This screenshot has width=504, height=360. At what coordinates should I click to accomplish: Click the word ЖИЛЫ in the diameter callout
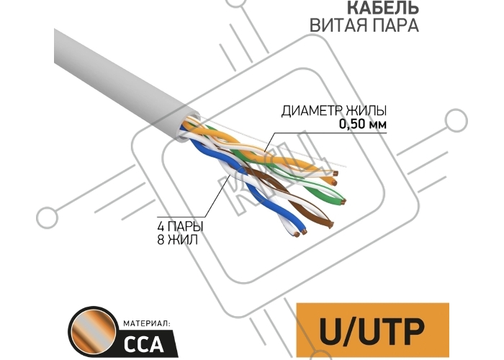pyautogui.click(x=367, y=112)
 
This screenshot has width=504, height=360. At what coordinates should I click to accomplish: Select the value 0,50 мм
pyautogui.click(x=363, y=125)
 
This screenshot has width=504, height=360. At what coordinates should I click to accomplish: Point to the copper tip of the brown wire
pyautogui.click(x=329, y=225)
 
